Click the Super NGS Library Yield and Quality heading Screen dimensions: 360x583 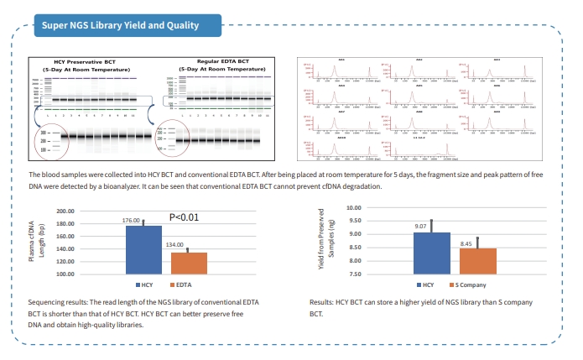[121, 25]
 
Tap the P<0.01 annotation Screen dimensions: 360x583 [183, 217]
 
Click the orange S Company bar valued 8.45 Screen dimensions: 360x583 [477, 261]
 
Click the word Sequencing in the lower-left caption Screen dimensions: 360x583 [47, 301]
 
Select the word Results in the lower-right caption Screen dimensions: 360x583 [323, 301]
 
